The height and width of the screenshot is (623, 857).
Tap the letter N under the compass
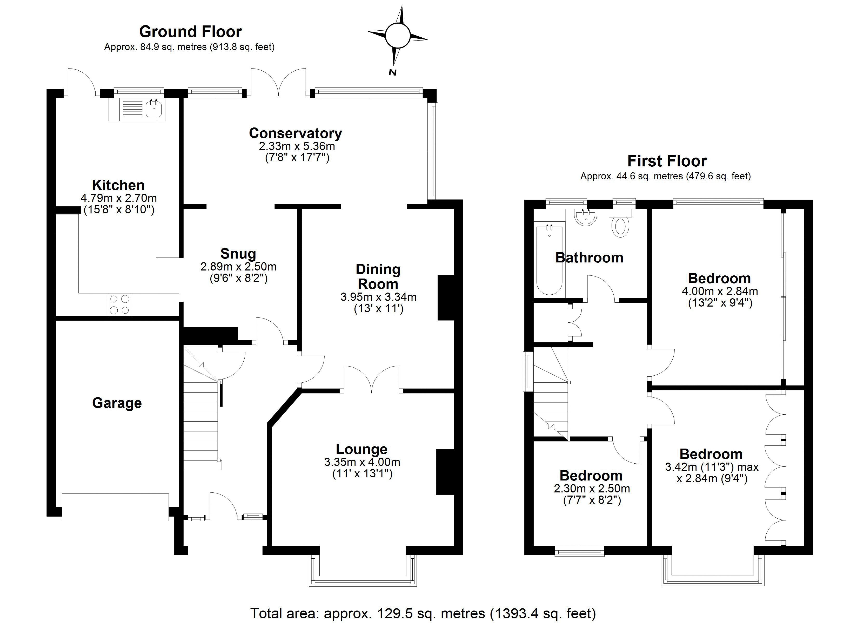(x=393, y=72)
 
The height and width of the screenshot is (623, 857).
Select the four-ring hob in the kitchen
(x=119, y=304)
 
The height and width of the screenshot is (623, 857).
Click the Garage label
(x=117, y=403)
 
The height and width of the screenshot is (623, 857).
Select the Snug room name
(x=238, y=254)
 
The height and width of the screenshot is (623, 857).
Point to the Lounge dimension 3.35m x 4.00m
(x=362, y=462)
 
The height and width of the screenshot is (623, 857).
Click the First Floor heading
(x=667, y=161)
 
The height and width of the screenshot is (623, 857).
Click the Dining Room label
(x=378, y=276)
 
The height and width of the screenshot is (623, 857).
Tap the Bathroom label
(x=589, y=258)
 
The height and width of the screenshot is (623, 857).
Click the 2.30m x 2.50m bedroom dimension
(x=592, y=489)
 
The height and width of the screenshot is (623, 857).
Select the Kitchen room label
(x=118, y=185)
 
